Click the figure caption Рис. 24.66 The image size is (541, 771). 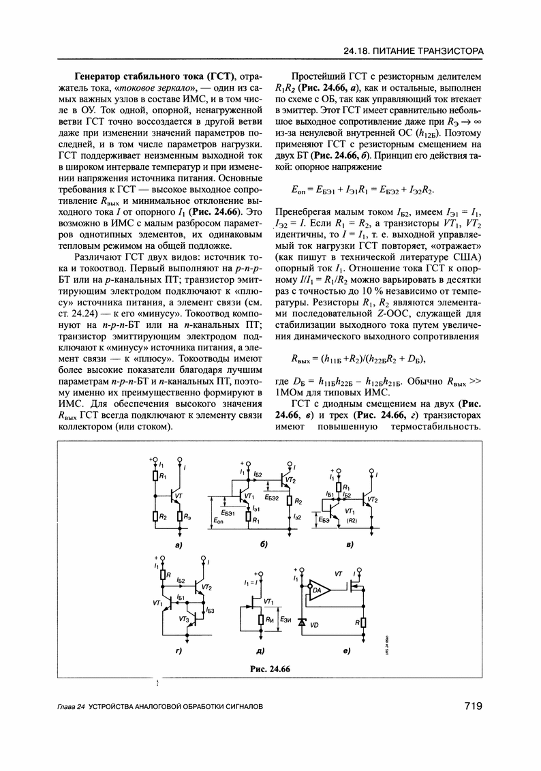[x=270, y=668]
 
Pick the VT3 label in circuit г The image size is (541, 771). [x=183, y=618]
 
